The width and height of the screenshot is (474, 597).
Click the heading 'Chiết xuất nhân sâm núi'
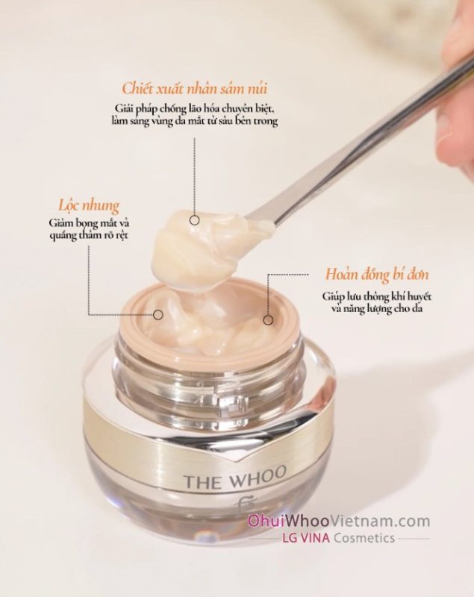[x=195, y=89]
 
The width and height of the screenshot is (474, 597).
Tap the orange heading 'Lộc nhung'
[x=89, y=206]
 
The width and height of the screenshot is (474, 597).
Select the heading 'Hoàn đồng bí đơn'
[x=376, y=275]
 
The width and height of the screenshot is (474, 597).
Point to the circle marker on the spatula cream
[x=195, y=220]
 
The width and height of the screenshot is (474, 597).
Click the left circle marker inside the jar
[x=158, y=315]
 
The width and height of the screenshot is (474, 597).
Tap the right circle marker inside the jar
[x=268, y=320]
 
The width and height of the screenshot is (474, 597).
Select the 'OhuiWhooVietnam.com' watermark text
[x=339, y=521]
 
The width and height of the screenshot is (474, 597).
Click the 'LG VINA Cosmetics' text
[x=337, y=537]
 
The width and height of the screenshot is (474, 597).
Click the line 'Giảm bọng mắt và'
[x=89, y=222]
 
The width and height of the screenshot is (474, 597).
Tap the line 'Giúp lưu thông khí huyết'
[x=376, y=296]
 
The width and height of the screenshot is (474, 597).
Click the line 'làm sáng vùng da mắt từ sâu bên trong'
[x=195, y=121]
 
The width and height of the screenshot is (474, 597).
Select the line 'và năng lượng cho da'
[x=377, y=308]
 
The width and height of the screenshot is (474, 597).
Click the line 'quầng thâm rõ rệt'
[x=89, y=235]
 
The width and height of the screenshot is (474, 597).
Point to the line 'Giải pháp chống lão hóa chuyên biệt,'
[x=195, y=108]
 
